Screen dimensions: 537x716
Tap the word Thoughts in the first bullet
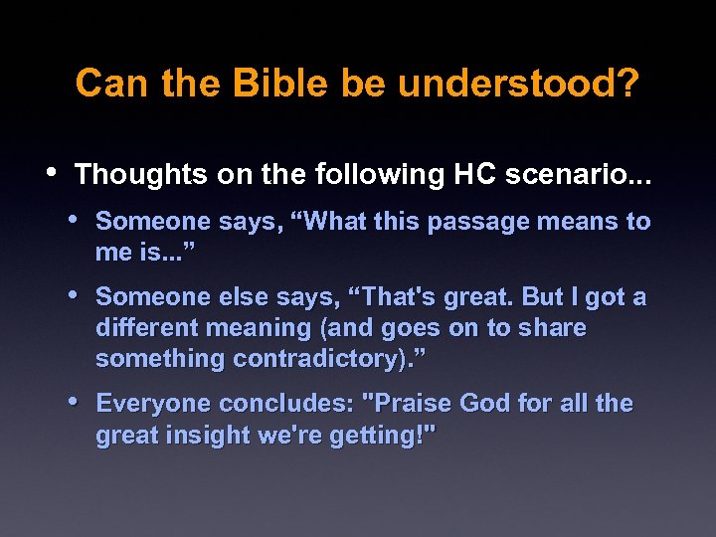click(x=141, y=175)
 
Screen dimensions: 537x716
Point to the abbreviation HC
click(x=476, y=175)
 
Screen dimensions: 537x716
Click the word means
click(x=578, y=222)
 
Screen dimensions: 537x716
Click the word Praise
click(x=409, y=404)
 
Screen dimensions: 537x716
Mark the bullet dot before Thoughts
click(x=54, y=173)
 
